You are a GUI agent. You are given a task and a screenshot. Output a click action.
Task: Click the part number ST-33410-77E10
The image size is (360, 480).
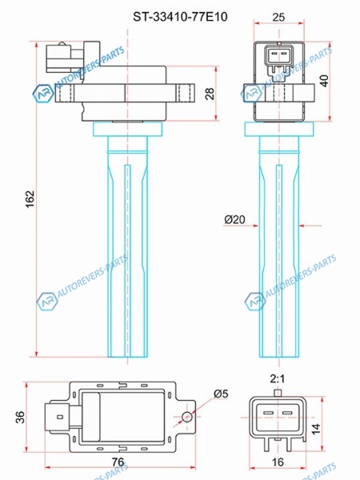coord(180,17)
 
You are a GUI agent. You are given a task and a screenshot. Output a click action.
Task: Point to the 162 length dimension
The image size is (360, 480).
coord(30,199)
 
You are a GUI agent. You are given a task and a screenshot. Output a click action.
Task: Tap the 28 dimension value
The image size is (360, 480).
coord(210,93)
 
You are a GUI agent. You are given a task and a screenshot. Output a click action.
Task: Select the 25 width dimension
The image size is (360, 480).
coord(278,17)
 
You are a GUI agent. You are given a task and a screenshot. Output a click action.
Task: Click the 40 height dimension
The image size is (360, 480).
coord(324,81)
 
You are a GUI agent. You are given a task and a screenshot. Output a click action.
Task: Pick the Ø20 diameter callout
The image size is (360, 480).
coord(234,219)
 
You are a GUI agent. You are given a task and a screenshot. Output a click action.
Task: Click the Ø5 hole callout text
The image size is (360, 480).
coord(221,394)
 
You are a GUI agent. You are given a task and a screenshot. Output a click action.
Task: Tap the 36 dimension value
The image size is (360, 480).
coord(20,417)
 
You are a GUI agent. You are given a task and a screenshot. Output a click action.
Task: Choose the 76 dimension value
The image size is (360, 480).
coord(118,462)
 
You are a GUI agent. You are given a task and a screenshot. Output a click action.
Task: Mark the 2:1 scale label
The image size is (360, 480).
coord(278,379)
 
